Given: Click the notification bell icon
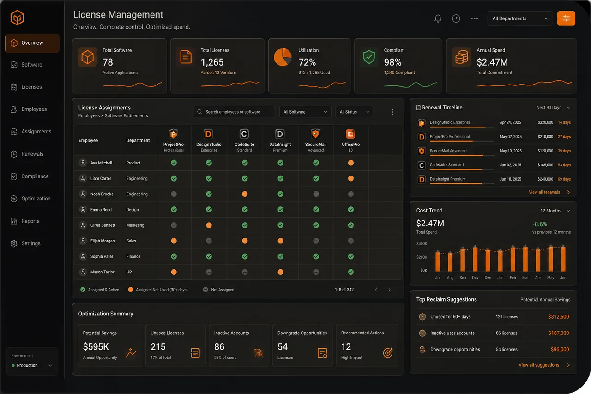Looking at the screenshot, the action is [438, 18].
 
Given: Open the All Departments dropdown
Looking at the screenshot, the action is [520, 18].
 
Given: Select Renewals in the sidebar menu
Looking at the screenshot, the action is [32, 154].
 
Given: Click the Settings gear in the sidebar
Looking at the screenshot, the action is [14, 243].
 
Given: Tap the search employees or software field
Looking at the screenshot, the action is [234, 112].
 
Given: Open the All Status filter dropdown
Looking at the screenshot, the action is [354, 112].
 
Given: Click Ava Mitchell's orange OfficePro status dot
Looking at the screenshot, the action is [350, 163].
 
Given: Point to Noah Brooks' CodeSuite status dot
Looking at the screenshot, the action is [245, 194].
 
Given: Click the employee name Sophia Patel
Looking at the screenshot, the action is [102, 256].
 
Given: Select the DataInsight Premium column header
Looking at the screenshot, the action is [280, 140].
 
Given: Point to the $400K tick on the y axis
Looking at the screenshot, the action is [422, 243].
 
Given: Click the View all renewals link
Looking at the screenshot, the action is [544, 192].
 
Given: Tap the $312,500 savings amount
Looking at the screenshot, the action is [558, 317].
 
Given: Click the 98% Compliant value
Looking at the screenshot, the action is [392, 62].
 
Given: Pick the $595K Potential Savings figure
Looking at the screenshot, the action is [96, 347].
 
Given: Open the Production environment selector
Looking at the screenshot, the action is [32, 365].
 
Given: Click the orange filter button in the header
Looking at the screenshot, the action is [566, 18].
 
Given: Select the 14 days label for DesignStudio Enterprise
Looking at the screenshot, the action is [564, 122].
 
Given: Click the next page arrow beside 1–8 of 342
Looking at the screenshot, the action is [389, 290].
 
